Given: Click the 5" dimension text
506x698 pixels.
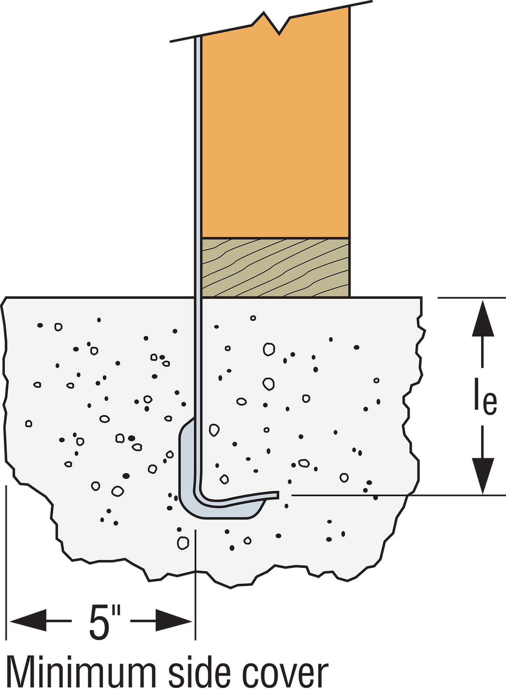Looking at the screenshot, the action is (x=105, y=622).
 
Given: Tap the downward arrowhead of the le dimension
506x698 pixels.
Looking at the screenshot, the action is (x=483, y=476).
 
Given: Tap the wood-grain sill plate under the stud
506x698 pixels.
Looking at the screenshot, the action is (x=276, y=268).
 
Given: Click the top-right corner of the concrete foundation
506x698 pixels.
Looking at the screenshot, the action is (x=422, y=298).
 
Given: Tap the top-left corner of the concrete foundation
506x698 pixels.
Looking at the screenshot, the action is (x=6, y=298).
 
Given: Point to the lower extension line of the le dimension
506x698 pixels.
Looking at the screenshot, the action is (x=398, y=495).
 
